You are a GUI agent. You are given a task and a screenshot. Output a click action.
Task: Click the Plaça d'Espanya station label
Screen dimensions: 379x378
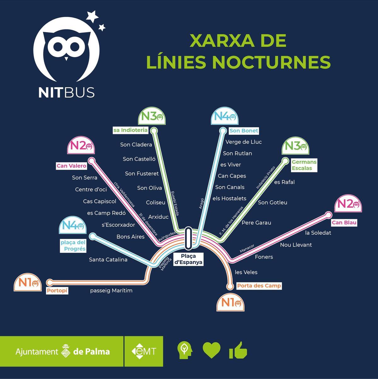pos(189,259)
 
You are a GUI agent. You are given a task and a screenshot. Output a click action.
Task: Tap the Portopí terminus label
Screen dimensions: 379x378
pos(57,290)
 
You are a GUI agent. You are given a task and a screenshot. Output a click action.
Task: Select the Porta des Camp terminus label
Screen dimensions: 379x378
pos(259,286)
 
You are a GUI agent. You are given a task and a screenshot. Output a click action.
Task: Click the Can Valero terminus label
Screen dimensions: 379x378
pos(71,166)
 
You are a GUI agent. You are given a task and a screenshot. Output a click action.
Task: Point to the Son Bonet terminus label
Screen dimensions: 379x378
pos(243,131)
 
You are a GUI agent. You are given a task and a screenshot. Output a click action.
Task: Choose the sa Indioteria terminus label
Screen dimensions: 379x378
pos(130,130)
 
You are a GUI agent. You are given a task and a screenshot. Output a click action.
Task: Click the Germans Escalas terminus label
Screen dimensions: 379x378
pos(304,165)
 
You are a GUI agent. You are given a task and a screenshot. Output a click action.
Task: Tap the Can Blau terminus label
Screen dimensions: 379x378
pos(344,222)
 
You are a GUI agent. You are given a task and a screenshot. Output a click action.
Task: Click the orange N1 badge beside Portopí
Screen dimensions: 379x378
pos(28,283)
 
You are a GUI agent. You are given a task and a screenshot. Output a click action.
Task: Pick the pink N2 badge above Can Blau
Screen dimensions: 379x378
pos(348,204)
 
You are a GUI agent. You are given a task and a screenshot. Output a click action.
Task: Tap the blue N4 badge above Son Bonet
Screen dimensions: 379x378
pos(225,116)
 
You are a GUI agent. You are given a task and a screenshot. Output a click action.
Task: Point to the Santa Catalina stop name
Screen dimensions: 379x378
pos(108,260)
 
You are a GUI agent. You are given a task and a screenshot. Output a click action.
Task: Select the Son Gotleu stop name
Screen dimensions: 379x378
pos(272,203)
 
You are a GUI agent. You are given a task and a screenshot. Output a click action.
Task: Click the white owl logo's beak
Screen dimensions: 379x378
pos(66,59)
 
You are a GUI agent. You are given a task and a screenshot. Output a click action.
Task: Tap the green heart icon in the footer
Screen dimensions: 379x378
pos(211,350)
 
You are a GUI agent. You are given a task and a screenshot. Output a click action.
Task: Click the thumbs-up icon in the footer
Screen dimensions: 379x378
pos(238,350)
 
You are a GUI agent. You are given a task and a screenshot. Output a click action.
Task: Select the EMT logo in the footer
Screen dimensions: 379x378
pos(144,351)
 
